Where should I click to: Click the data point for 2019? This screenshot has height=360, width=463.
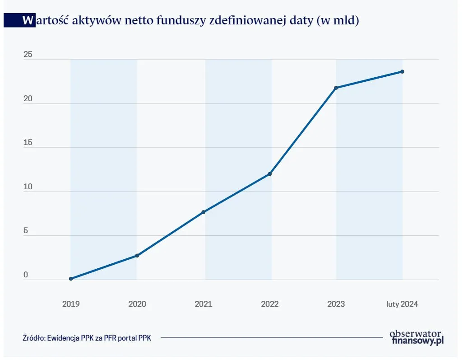pyautogui.click(x=71, y=279)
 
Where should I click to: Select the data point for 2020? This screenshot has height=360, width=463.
pyautogui.click(x=137, y=256)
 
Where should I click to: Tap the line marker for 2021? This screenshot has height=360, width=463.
pyautogui.click(x=204, y=212)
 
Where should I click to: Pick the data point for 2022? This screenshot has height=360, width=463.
pyautogui.click(x=270, y=174)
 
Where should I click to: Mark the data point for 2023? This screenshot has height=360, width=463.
pyautogui.click(x=336, y=88)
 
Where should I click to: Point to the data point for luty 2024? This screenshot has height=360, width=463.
pyautogui.click(x=402, y=72)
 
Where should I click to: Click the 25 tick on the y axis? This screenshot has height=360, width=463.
pyautogui.click(x=28, y=55)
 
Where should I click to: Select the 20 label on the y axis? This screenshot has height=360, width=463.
pyautogui.click(x=28, y=99)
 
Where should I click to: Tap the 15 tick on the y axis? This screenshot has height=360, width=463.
pyautogui.click(x=28, y=143)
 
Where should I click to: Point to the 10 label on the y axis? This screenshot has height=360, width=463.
pyautogui.click(x=28, y=187)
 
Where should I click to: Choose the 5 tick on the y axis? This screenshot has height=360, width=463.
pyautogui.click(x=26, y=231)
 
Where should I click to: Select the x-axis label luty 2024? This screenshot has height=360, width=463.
pyautogui.click(x=402, y=304)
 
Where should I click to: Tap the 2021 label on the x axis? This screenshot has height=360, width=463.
pyautogui.click(x=204, y=304)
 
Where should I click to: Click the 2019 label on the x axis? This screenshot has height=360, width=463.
pyautogui.click(x=71, y=304)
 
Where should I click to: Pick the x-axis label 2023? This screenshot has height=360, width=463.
pyautogui.click(x=336, y=304)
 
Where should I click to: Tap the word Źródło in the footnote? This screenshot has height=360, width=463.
pyautogui.click(x=34, y=338)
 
